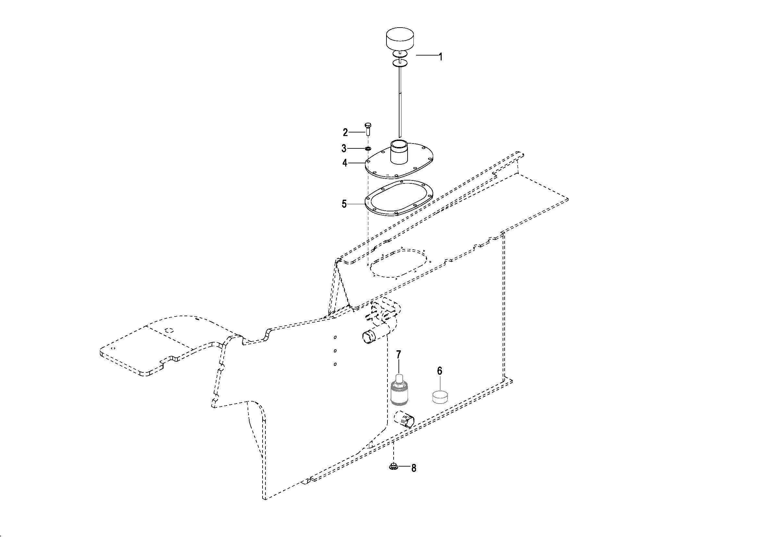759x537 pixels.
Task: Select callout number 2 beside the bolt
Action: pos(345,132)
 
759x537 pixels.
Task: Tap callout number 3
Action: pos(344,148)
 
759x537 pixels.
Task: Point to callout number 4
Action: pos(345,163)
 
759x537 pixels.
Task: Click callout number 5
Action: pos(344,204)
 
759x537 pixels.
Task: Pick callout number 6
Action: pos(440,371)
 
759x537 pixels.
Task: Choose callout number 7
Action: pos(398,355)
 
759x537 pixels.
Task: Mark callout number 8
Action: pos(413,468)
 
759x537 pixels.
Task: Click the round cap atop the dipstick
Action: pos(400,39)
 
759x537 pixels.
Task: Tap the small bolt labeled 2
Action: pos(367,129)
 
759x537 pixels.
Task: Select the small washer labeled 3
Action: pos(368,148)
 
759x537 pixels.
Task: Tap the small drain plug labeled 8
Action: pos(393,467)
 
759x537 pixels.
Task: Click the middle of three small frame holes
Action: pos(335,351)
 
